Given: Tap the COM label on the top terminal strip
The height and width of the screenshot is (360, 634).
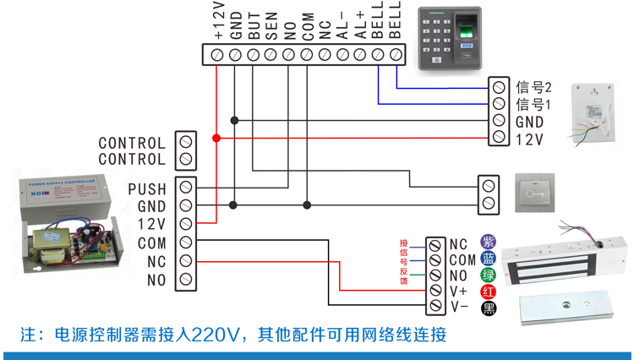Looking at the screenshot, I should tap(308, 29).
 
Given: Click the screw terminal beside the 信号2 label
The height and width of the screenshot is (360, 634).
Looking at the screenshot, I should tap(499, 86).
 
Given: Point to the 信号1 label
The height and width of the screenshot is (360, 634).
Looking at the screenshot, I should tap(533, 105).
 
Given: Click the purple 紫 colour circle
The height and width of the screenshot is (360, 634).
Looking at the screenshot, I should tap(489, 243).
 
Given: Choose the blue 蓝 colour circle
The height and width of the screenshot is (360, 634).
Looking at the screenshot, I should tap(489, 259).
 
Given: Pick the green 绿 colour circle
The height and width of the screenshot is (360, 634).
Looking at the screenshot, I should tap(489, 275).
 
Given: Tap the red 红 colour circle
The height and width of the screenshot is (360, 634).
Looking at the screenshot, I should tap(489, 292).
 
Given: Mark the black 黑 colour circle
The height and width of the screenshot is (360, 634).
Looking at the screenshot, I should tap(489, 308).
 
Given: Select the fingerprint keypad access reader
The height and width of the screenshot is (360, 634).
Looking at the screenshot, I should tap(449, 39).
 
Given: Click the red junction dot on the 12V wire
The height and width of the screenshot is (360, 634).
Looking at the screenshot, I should tap(216, 139).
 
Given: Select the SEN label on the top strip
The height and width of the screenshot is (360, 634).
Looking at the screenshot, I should tap(271, 29).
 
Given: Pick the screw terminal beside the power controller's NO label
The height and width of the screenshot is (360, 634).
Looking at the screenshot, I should tap(185, 279).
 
